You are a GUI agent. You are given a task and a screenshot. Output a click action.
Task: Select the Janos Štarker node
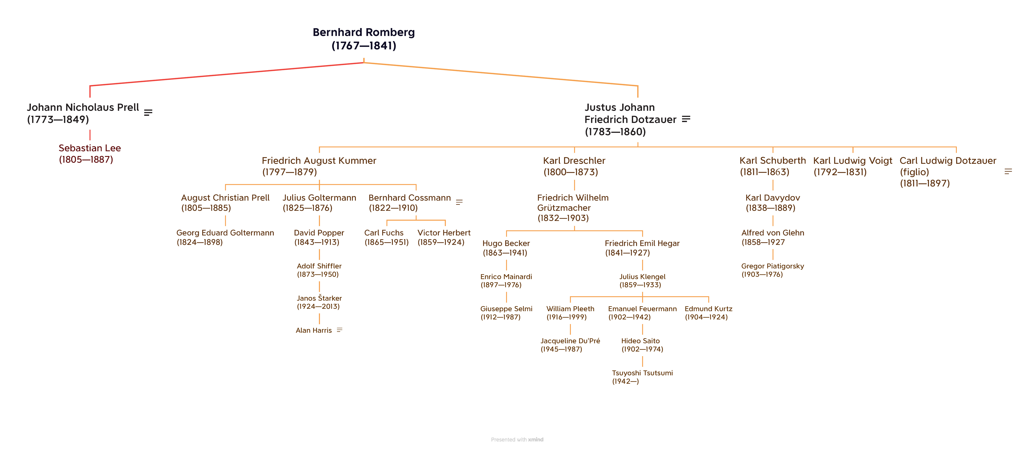pyautogui.click(x=319, y=302)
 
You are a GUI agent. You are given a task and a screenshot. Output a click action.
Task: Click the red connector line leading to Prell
pyautogui.click(x=225, y=74)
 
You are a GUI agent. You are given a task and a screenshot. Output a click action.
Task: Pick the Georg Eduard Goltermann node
pyautogui.click(x=225, y=237)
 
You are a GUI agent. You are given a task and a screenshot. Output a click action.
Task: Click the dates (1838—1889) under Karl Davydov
pyautogui.click(x=770, y=208)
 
